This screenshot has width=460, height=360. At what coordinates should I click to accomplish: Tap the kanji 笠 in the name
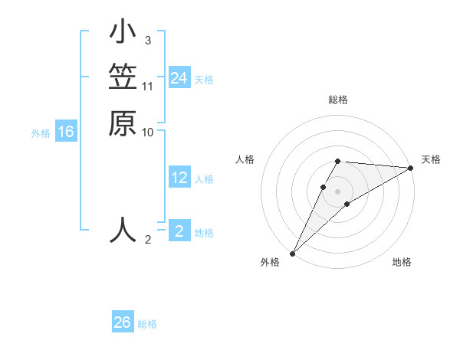click(123, 78)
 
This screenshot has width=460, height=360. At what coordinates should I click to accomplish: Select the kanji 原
click(123, 123)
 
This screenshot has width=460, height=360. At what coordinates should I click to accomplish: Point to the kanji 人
click(123, 230)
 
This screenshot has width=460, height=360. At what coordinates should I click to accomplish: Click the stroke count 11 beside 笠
click(148, 87)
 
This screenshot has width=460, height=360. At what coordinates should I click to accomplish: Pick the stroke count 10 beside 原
click(148, 132)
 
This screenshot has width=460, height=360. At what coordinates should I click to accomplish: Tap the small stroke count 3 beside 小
click(147, 41)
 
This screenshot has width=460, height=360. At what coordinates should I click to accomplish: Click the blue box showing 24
click(179, 78)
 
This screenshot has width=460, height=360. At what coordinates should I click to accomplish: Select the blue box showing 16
click(66, 132)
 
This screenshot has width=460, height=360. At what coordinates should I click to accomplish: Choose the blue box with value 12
click(179, 178)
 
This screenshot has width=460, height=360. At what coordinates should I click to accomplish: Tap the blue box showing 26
click(123, 322)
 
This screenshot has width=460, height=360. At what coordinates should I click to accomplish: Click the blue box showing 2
click(179, 231)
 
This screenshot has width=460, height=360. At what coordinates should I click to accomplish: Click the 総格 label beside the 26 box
click(148, 324)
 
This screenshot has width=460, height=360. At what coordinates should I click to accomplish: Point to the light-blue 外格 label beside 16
click(41, 133)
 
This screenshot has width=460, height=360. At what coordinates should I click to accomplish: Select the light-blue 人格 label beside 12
click(204, 179)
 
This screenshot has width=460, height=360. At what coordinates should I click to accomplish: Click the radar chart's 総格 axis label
click(338, 100)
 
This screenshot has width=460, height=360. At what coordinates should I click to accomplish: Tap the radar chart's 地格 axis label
click(402, 263)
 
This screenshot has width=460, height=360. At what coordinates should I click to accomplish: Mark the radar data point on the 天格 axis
click(411, 168)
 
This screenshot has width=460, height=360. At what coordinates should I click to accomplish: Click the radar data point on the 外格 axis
click(292, 254)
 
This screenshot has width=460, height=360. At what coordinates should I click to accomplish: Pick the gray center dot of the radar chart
click(338, 191)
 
